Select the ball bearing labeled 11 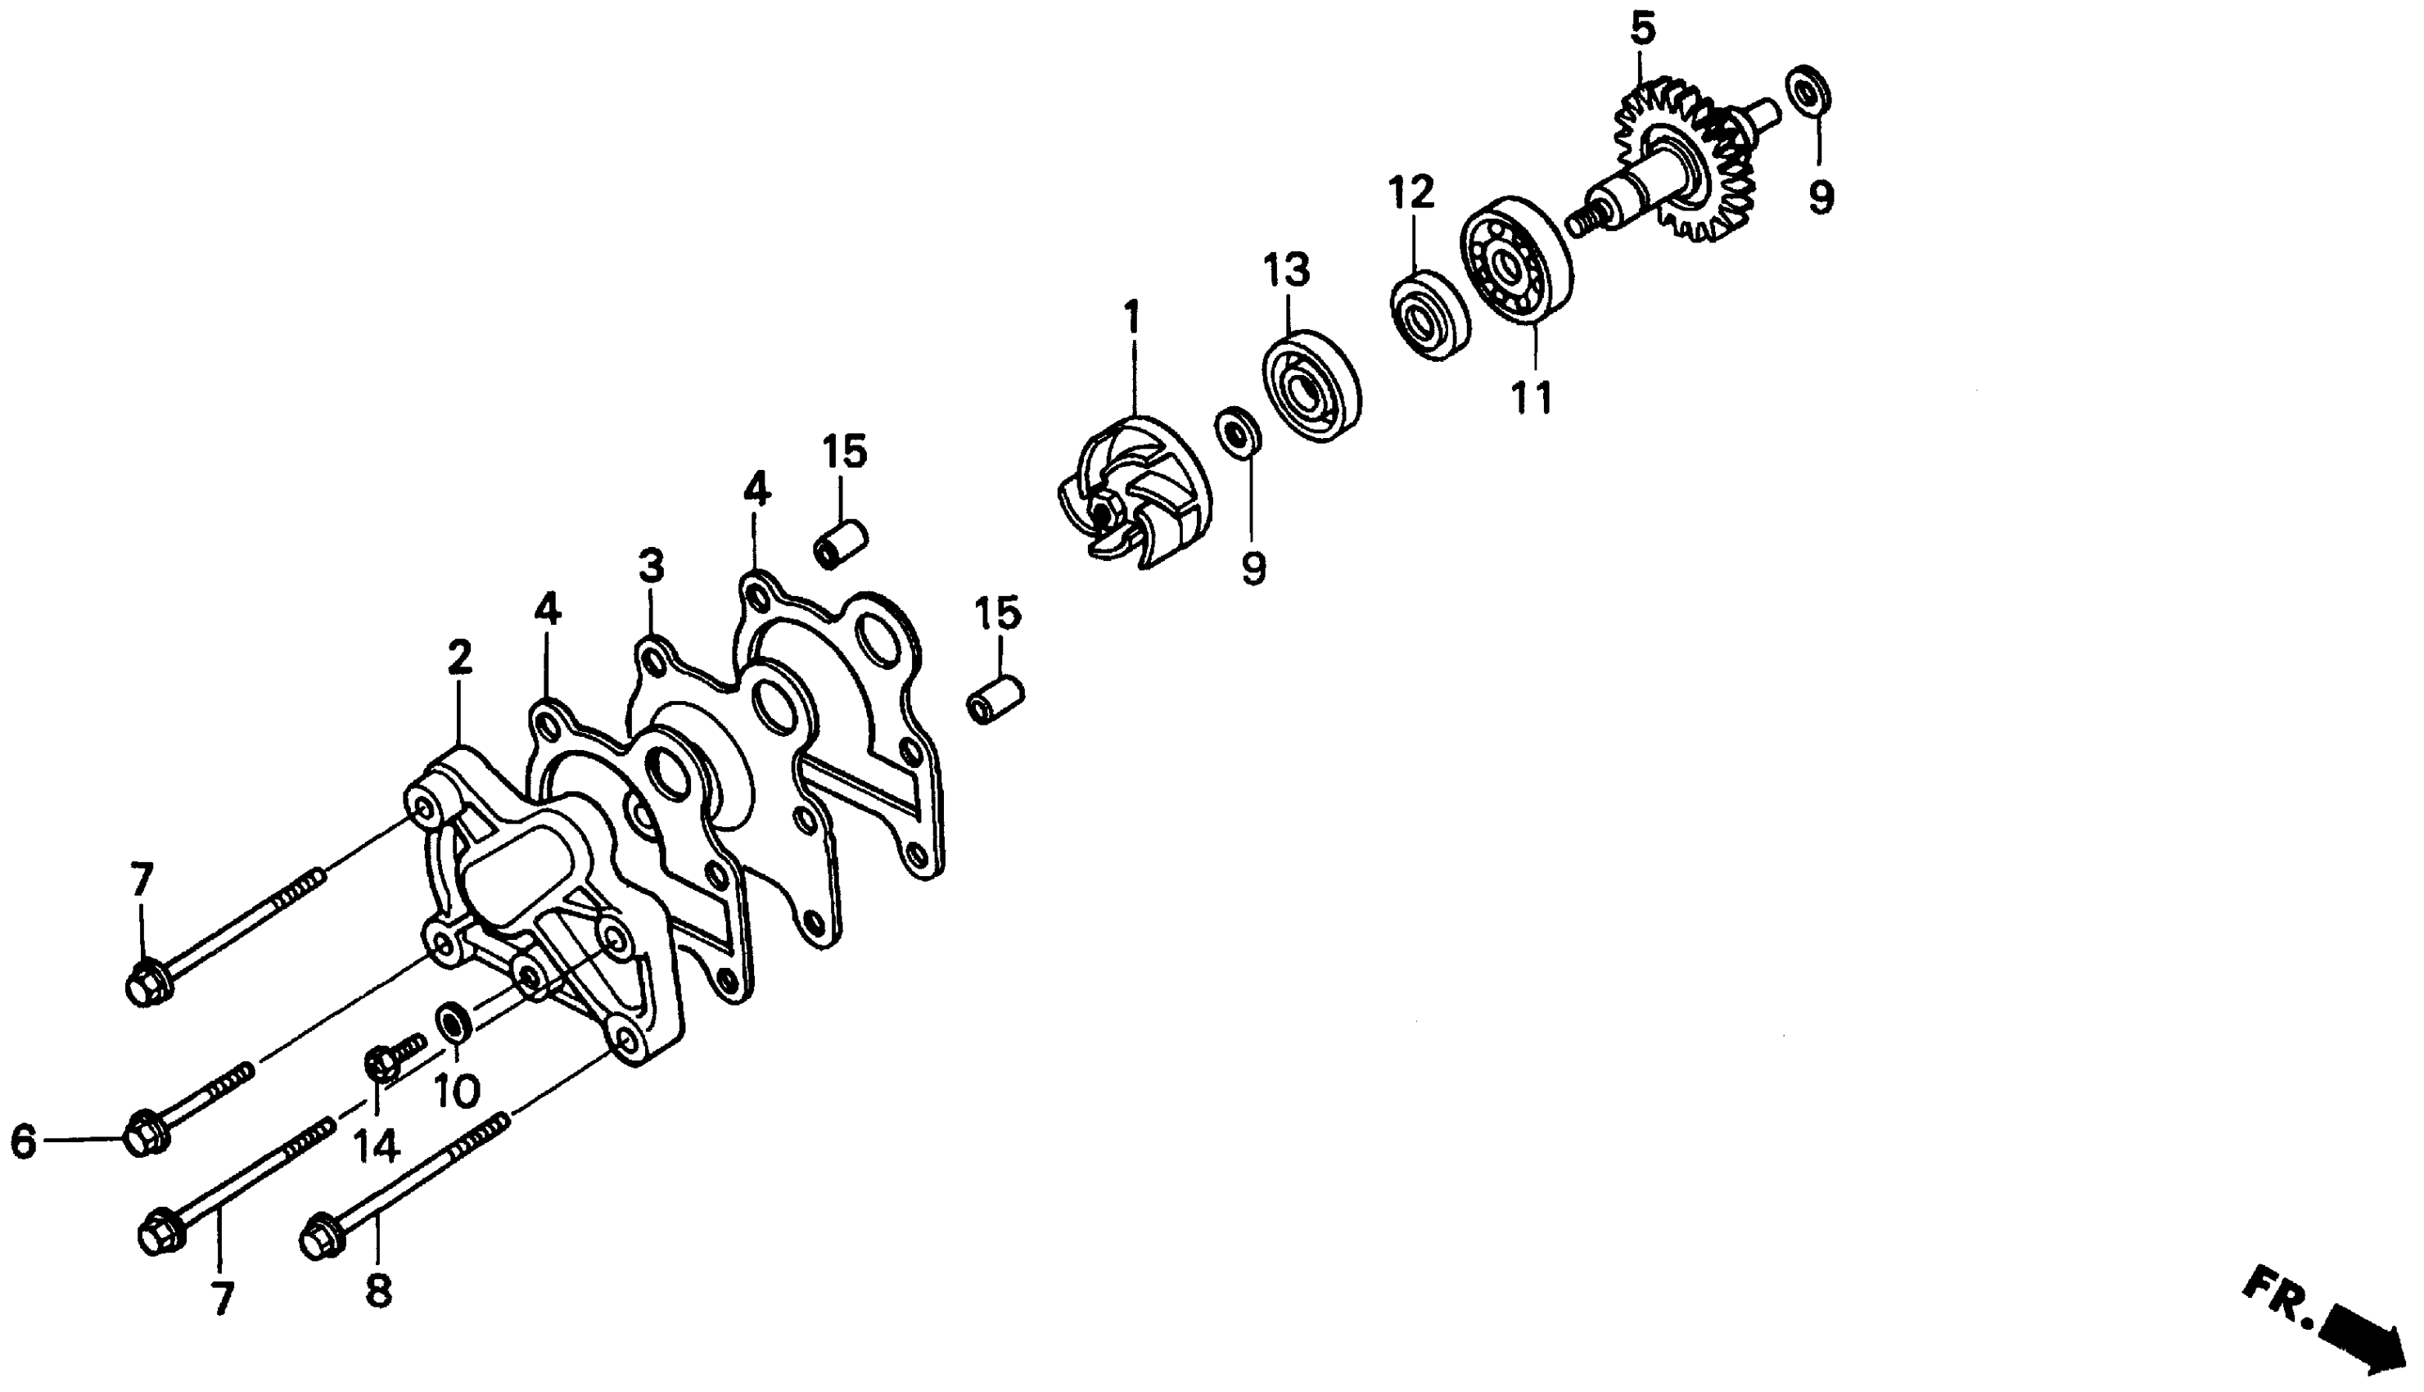pyautogui.click(x=1516, y=260)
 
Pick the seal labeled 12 pyautogui.click(x=1429, y=314)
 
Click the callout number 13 pyautogui.click(x=1287, y=270)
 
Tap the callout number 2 pyautogui.click(x=460, y=658)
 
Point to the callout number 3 pyautogui.click(x=651, y=567)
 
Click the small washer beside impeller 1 pyautogui.click(x=1237, y=432)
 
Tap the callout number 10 pyautogui.click(x=457, y=1091)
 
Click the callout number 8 pyautogui.click(x=378, y=1293)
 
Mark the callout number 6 pyautogui.click(x=23, y=1141)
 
